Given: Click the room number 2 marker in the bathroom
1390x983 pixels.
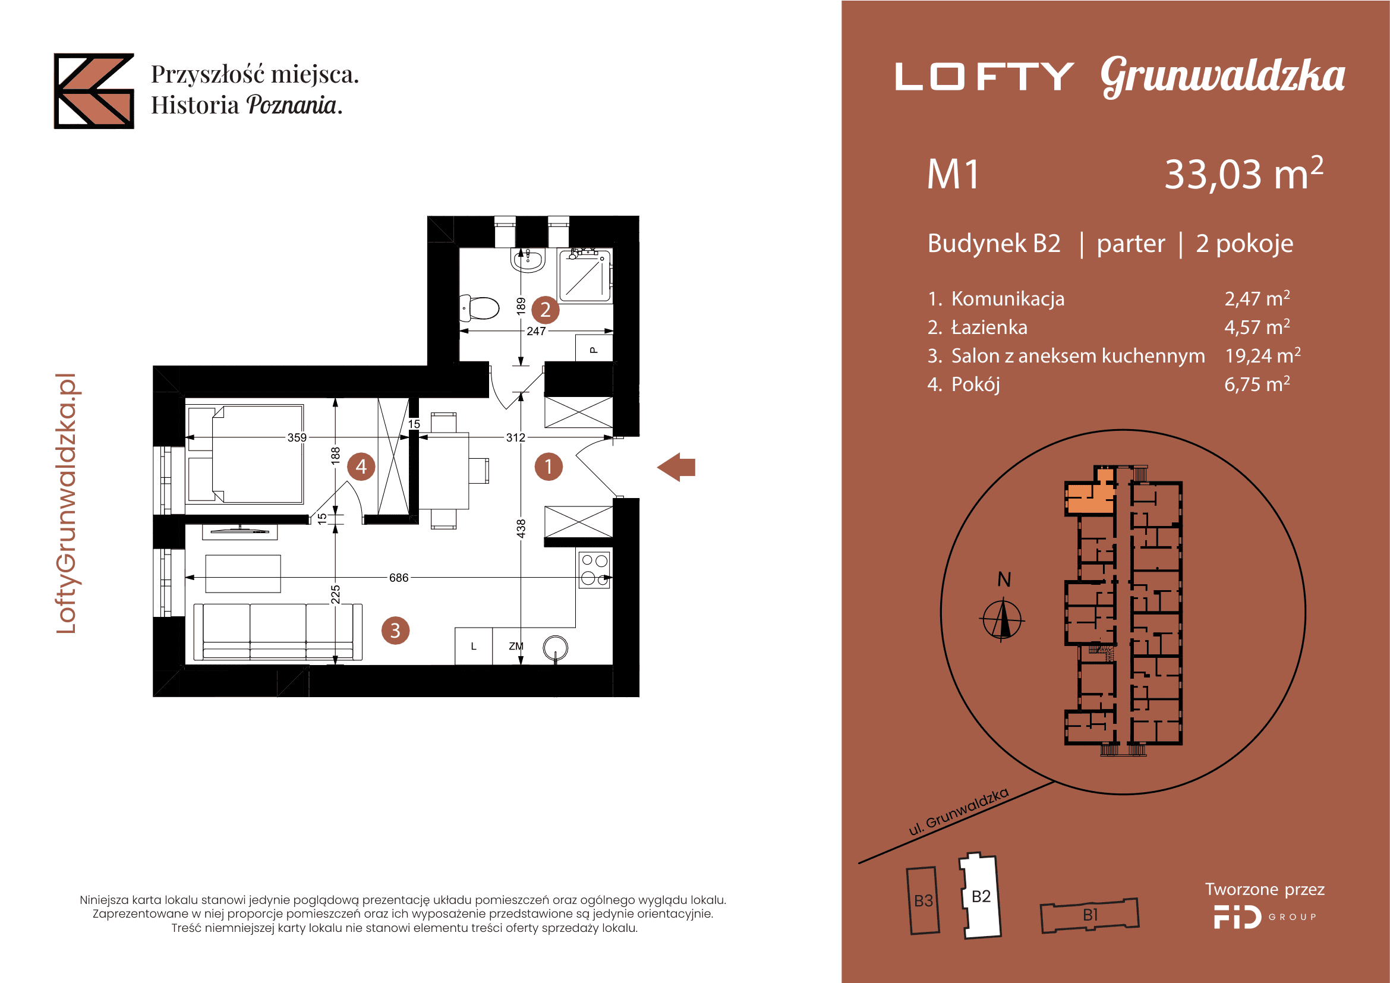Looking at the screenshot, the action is pyautogui.click(x=545, y=309).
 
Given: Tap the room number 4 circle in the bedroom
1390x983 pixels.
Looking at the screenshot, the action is pyautogui.click(x=361, y=466).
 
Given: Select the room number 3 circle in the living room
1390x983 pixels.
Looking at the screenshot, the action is pyautogui.click(x=395, y=631).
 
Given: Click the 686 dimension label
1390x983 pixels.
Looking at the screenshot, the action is pyautogui.click(x=398, y=578).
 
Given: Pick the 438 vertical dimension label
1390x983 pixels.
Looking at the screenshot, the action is pyautogui.click(x=521, y=528).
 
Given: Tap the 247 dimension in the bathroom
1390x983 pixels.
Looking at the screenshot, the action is pyautogui.click(x=536, y=331).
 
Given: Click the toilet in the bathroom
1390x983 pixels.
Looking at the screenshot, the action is pyautogui.click(x=479, y=307).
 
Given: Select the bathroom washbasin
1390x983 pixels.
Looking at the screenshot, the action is pyautogui.click(x=528, y=260).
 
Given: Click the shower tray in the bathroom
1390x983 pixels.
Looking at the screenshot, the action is pyautogui.click(x=584, y=276).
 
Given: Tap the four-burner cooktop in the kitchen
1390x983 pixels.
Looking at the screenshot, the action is pyautogui.click(x=594, y=569).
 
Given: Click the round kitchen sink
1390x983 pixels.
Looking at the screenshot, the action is pyautogui.click(x=555, y=648).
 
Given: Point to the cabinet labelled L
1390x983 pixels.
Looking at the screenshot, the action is pyautogui.click(x=474, y=646).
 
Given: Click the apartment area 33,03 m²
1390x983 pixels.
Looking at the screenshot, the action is pyautogui.click(x=1243, y=174).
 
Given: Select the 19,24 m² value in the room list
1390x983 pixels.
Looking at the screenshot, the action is pyautogui.click(x=1262, y=355).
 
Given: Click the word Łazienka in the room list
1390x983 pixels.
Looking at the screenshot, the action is pyautogui.click(x=989, y=327).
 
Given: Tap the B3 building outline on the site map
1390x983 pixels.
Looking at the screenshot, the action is pyautogui.click(x=923, y=900).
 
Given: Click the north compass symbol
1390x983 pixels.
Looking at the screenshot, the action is pyautogui.click(x=1002, y=619).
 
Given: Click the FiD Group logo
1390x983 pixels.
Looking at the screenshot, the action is pyautogui.click(x=1265, y=916).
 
